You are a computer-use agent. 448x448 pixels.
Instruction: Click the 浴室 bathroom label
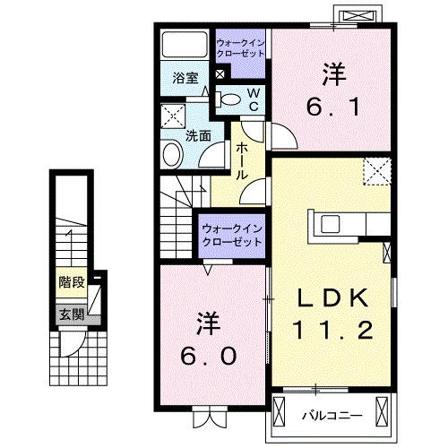185,77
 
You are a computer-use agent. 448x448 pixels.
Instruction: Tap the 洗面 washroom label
198,136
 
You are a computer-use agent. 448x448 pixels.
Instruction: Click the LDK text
329,299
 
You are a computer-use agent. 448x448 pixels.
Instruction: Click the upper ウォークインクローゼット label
241,47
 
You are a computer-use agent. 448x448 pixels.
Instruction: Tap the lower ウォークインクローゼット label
230,235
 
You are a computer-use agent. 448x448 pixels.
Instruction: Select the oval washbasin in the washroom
173,156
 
